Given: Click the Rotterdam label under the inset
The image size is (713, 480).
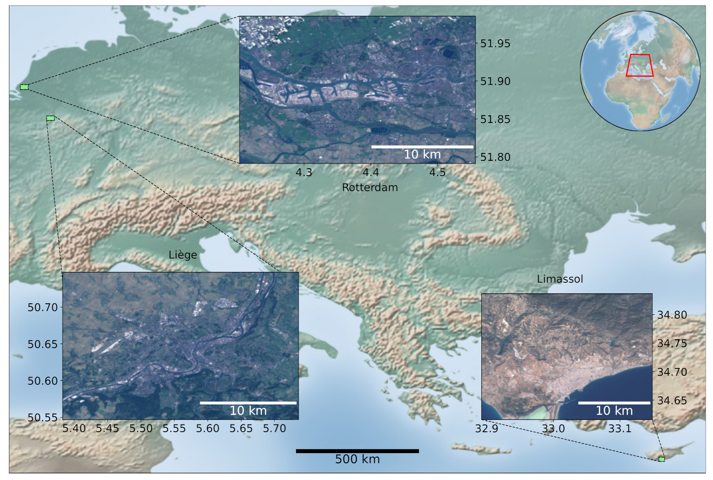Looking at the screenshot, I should point(370,187).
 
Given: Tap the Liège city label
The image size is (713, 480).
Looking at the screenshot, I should point(183,255).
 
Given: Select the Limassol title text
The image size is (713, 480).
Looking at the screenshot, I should point(560,279).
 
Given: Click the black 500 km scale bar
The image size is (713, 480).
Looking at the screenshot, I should point(357,451).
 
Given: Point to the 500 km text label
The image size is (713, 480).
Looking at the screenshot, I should point(357,459).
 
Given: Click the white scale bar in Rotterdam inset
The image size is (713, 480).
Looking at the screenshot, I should point(422,147).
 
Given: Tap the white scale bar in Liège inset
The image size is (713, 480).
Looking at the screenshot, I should point(248,403).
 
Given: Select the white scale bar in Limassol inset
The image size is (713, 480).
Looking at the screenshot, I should point(614,403).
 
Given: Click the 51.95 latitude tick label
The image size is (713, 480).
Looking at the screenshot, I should point(495,44).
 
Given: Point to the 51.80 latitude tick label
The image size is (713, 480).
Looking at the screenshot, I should point(495,157).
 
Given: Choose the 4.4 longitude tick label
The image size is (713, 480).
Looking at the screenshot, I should point(371,173).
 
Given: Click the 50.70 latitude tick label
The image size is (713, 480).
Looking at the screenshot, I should point(43,307).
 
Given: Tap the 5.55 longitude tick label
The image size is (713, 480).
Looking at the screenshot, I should point(174,429).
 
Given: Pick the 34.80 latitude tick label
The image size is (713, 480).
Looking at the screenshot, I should point(672,315).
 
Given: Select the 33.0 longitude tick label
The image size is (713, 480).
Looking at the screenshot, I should point(553,429).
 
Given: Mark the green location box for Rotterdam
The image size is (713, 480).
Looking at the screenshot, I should point(24,87).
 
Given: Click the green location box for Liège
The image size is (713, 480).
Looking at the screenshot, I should point(51,118).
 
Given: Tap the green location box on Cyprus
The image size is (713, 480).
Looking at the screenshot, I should point(662,459).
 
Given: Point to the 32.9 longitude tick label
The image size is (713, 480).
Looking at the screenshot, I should point(486,429).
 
